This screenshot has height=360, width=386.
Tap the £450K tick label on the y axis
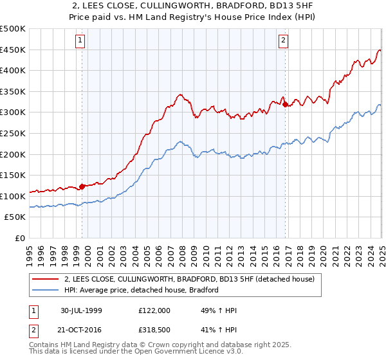pos(14,50)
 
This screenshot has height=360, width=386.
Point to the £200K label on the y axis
pos(14,154)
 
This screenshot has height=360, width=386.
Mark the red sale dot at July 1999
pos(82,187)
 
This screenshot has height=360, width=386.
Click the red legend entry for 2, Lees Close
pos(189,280)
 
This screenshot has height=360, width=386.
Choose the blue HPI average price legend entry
pos(142,291)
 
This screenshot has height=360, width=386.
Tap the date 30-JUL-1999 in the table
pos(81,310)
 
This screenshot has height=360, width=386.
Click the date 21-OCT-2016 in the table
pos(81,331)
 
